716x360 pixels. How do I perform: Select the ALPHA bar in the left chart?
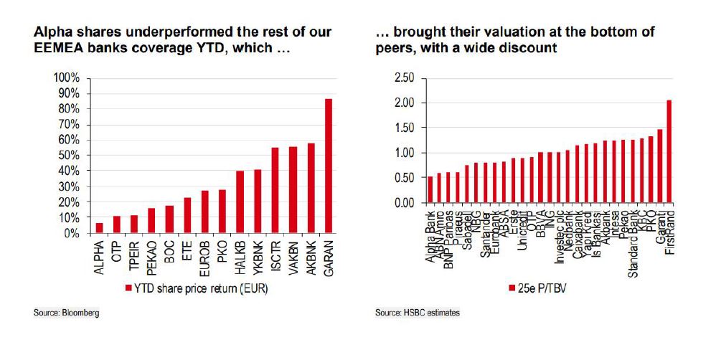[x=99, y=228]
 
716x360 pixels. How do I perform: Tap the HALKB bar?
[x=240, y=202]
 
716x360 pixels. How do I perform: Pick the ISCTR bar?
[x=275, y=191]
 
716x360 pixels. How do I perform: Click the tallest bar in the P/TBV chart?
[x=669, y=151]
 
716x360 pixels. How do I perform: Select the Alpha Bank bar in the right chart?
[x=430, y=189]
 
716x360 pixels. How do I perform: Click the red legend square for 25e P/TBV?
[x=512, y=288]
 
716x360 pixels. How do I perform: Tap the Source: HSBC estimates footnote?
[x=417, y=313]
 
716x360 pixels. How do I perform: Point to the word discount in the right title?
[x=532, y=48]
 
